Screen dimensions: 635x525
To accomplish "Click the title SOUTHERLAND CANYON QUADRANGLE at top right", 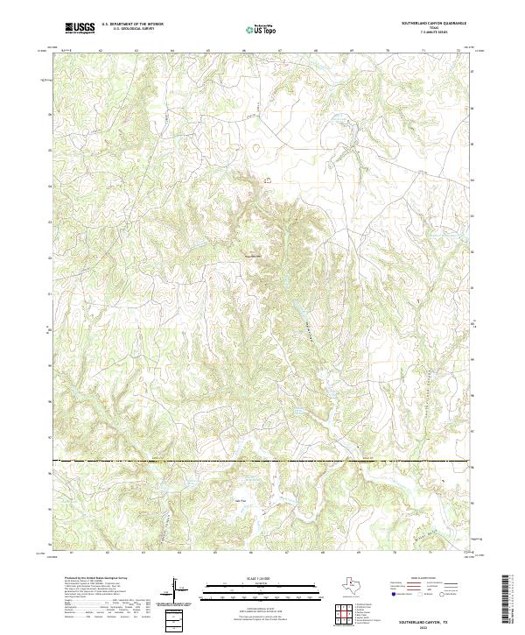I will pyautogui.click(x=434, y=23).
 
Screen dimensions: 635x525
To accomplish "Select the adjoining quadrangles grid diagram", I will pyautogui.click(x=346, y=616).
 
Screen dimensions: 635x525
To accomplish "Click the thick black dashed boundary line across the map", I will pyautogui.click(x=262, y=461).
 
